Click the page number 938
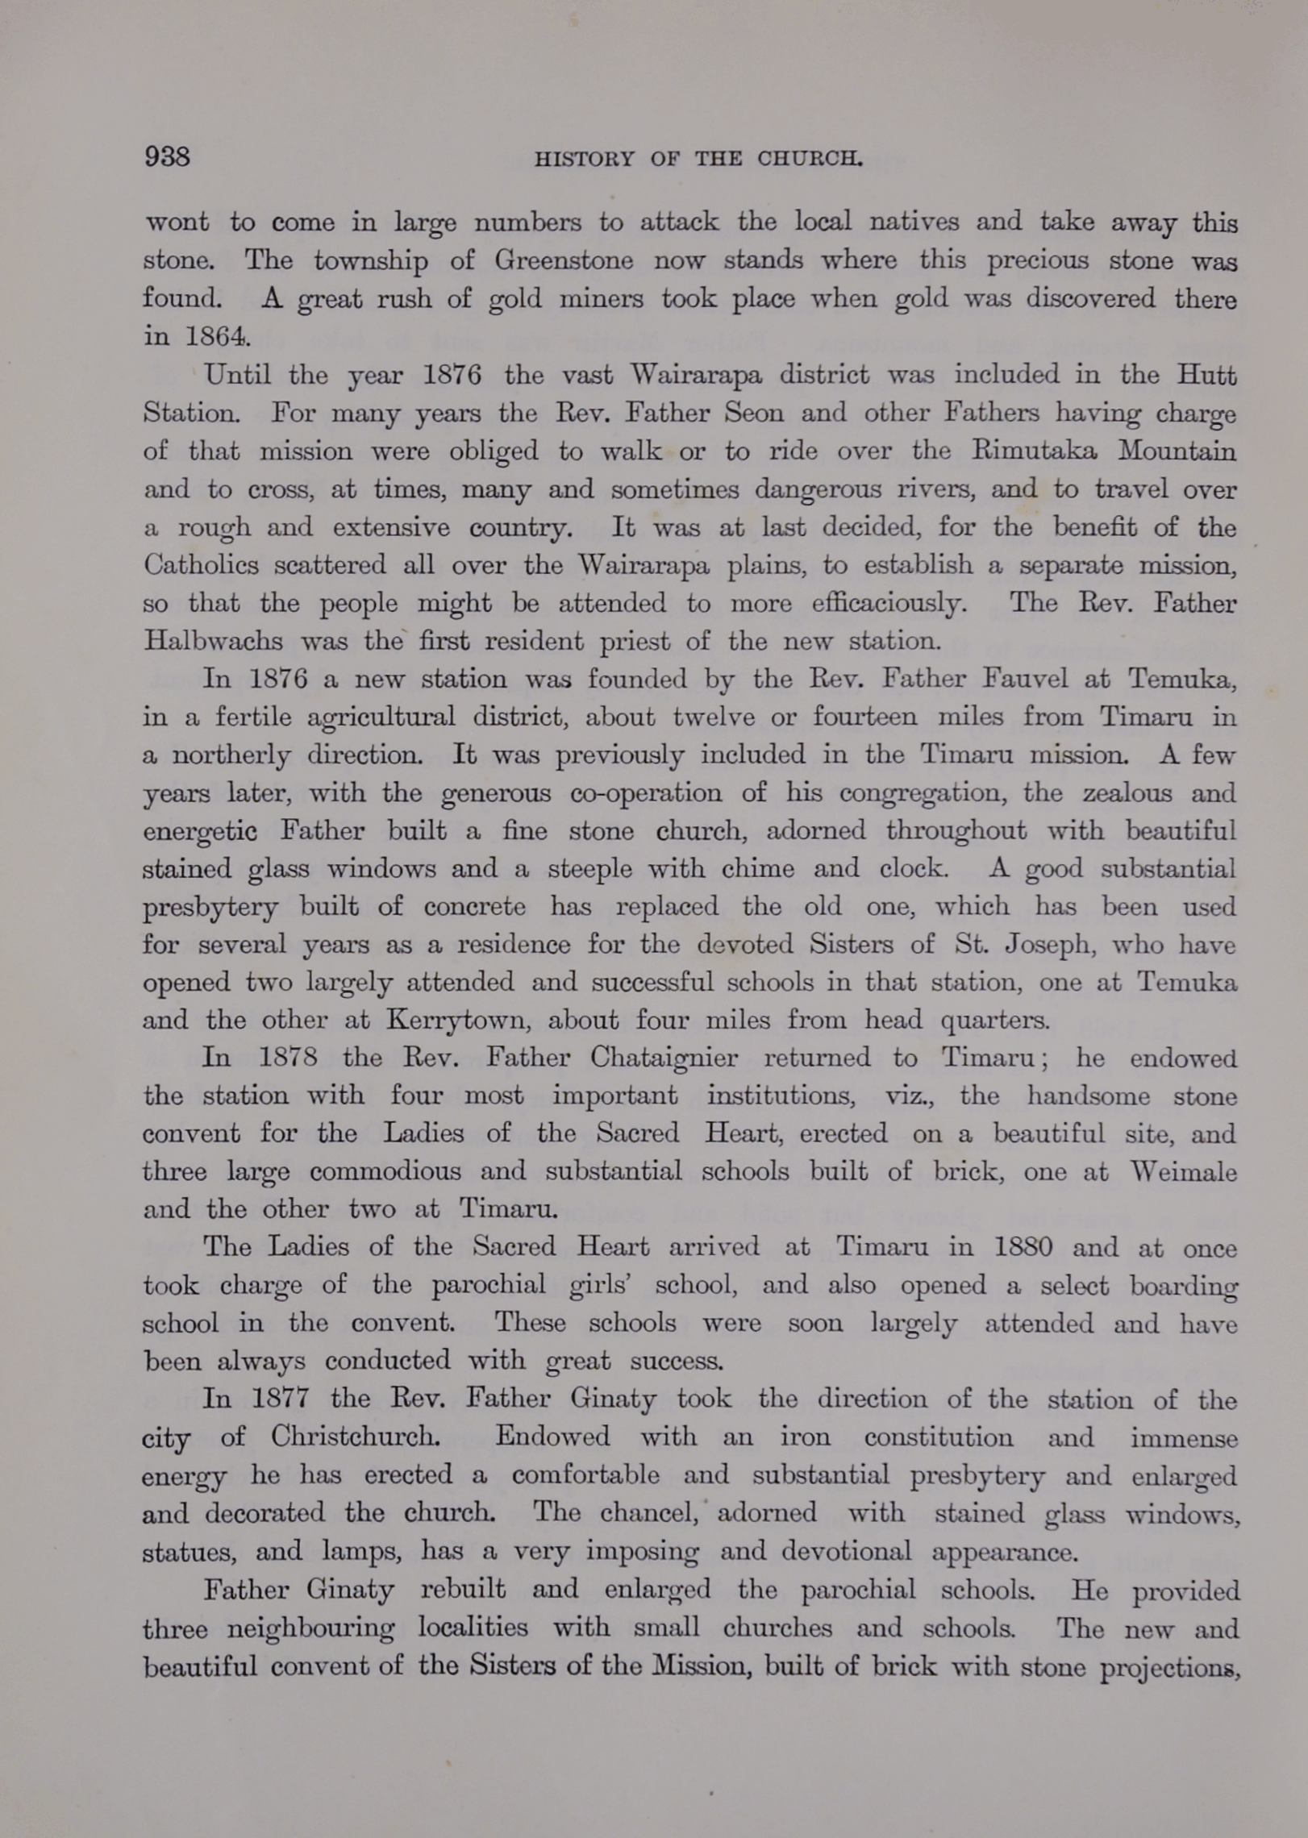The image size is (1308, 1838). click(167, 156)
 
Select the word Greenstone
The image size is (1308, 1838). click(564, 260)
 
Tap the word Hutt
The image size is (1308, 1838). click(1206, 375)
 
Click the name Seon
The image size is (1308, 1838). click(753, 413)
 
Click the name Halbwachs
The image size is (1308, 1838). click(214, 641)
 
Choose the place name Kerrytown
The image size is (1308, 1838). click(456, 1021)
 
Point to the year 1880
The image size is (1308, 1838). click(1023, 1248)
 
